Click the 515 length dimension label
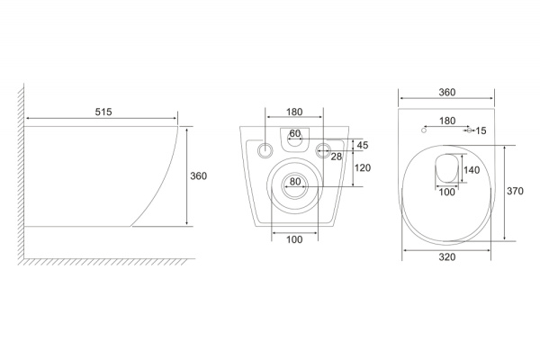(x=103, y=112)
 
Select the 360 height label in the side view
(x=198, y=176)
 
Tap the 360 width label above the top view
(x=447, y=93)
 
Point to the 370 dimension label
(x=515, y=191)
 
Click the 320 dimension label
(x=447, y=257)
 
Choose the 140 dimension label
(x=472, y=170)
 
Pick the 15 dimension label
(x=481, y=130)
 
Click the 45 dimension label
(x=363, y=146)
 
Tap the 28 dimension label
(x=336, y=157)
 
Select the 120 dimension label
(x=363, y=168)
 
